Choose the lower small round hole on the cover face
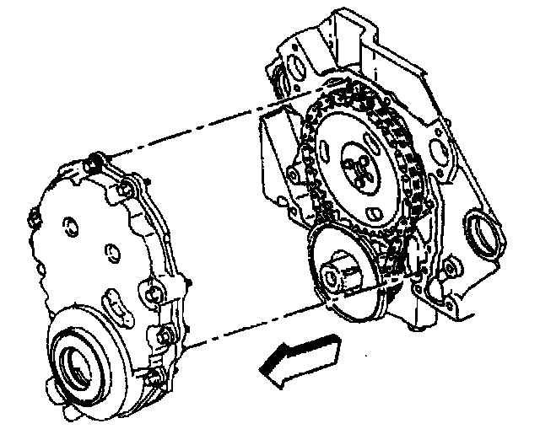111,252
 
